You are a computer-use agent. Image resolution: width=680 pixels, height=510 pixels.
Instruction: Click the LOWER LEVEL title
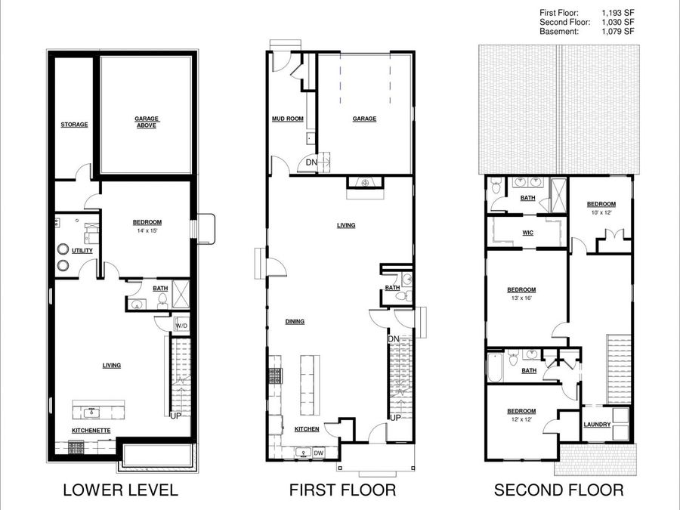(120, 490)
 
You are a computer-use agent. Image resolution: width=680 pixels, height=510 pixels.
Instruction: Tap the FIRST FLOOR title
(342, 490)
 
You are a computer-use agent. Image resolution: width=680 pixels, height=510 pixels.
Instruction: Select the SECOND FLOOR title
(558, 490)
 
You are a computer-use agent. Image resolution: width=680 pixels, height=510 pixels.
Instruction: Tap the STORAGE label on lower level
(74, 125)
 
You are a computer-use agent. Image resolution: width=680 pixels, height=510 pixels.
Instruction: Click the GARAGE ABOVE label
(145, 122)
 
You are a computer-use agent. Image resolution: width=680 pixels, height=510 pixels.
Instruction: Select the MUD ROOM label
(287, 119)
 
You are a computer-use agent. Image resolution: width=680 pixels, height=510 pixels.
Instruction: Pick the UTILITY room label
(82, 250)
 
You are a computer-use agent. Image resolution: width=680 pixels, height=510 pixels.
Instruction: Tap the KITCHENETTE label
(91, 430)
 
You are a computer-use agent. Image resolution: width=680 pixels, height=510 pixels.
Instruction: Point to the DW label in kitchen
(320, 453)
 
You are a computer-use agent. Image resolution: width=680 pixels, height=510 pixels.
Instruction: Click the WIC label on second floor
(527, 233)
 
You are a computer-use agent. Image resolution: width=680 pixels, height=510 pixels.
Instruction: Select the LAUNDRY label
(597, 425)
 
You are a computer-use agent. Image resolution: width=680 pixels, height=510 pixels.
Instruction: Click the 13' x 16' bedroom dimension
(521, 298)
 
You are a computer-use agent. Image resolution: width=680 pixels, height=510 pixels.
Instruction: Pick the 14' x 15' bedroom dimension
(147, 230)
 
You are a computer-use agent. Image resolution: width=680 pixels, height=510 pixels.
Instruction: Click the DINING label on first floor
(295, 322)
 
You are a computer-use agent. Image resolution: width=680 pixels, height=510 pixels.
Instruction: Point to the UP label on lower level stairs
(175, 416)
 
